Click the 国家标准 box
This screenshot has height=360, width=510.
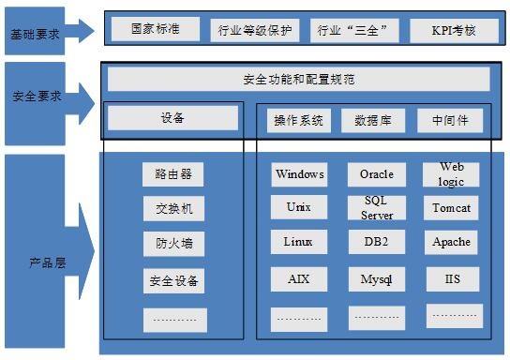point(156,29)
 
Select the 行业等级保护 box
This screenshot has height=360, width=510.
point(255,30)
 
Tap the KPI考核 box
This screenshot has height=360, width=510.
point(454,31)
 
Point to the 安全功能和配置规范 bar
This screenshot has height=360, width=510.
point(298,79)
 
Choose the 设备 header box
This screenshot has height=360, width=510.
point(172,118)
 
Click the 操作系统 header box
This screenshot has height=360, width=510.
point(299,121)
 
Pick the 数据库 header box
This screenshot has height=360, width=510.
point(373,121)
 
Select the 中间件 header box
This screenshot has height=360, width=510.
point(450,121)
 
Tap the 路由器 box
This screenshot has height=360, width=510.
point(173,174)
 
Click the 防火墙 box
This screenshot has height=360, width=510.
point(173,244)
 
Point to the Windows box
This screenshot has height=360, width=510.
point(299,174)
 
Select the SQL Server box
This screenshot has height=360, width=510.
point(377,207)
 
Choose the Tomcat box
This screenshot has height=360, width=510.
point(451,208)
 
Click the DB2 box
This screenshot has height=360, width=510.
point(377,242)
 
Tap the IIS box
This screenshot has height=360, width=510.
point(453,279)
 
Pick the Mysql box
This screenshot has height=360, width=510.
point(377,279)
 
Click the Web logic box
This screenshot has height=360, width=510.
point(451,174)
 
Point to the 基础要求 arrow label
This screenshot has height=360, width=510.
point(35,34)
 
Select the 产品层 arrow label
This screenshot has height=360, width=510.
point(48,262)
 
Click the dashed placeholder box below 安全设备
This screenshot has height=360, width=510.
point(175,321)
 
